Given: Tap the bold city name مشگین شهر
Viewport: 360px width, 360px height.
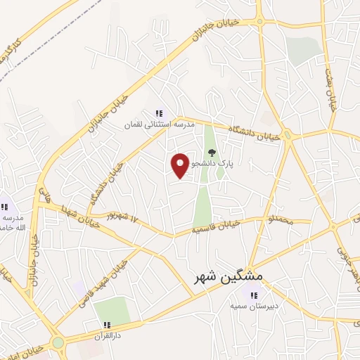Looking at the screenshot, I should (228, 276).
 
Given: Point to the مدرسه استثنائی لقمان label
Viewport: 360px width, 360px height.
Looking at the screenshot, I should (158, 124).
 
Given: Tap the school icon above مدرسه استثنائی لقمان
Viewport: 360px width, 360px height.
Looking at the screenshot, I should (159, 113).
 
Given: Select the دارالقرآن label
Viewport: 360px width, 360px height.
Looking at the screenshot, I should (108, 336).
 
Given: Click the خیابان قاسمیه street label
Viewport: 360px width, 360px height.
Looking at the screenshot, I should (217, 226).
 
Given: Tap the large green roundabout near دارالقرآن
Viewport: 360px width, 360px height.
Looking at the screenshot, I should (58, 344).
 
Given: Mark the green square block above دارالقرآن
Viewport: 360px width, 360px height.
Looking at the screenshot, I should (112, 310).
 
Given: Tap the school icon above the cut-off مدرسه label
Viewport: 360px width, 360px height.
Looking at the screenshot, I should (4, 207).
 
